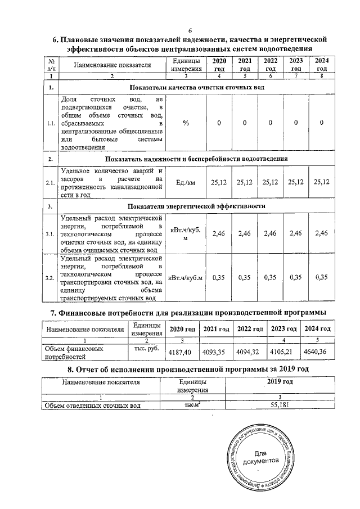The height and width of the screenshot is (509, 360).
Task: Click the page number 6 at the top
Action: tap(190, 30)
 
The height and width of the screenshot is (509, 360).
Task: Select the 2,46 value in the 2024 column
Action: tap(321, 233)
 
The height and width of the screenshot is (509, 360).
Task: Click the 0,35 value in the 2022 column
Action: tap(270, 277)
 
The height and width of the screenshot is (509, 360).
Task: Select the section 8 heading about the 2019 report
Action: tap(189, 370)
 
